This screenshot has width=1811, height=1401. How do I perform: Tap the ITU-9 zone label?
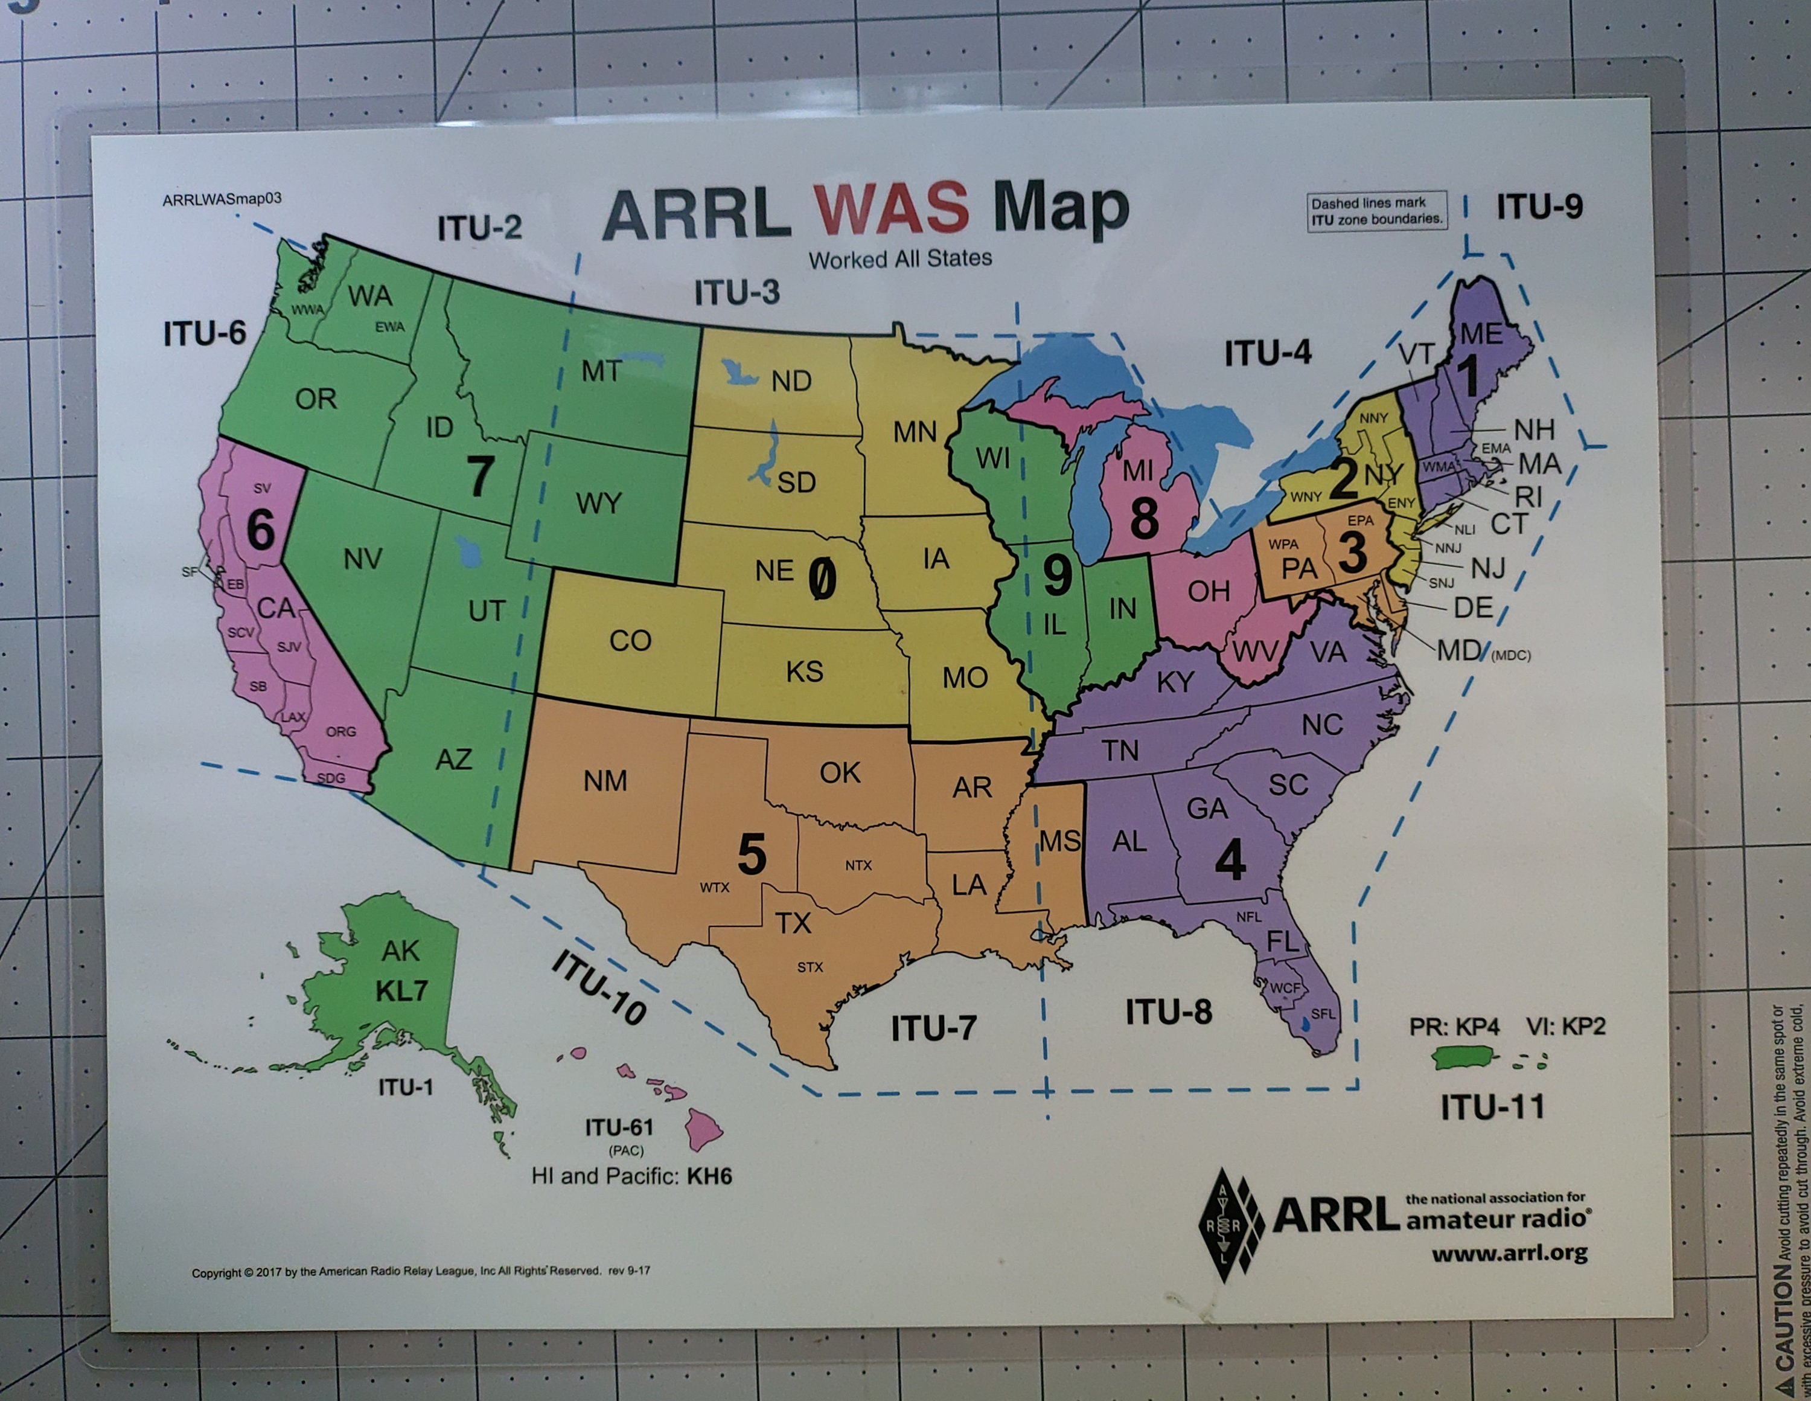1539,207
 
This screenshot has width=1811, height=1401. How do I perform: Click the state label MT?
601,371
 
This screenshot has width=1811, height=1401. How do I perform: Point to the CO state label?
630,640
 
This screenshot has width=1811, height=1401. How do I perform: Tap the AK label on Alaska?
400,951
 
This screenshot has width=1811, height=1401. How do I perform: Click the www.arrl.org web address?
1509,1252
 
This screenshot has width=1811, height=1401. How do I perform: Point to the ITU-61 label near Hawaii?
619,1127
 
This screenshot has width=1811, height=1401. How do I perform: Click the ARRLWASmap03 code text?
222,199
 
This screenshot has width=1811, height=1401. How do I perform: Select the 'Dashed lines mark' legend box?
1376,211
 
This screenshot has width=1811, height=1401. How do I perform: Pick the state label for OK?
840,773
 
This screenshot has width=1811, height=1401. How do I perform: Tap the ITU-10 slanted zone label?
599,987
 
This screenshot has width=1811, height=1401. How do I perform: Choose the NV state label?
363,560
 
